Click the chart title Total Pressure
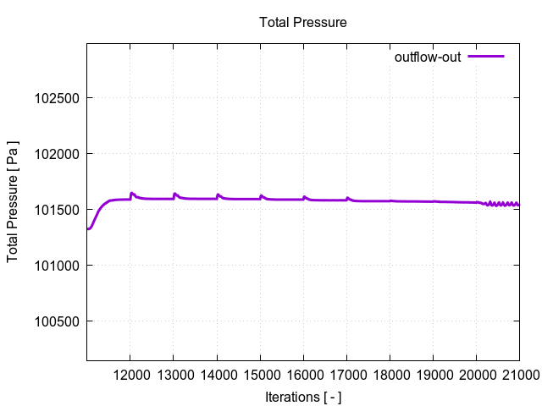click(x=302, y=23)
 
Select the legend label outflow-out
click(x=428, y=58)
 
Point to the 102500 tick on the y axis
click(x=55, y=98)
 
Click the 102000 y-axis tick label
click(x=55, y=154)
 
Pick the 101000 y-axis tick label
click(x=55, y=266)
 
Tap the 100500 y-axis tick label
click(x=55, y=321)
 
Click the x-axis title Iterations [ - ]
click(x=302, y=397)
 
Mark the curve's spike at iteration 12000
click(x=131, y=193)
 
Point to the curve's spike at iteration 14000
click(x=218, y=195)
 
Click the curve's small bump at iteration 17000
click(x=347, y=198)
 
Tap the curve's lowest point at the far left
click(x=88, y=228)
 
